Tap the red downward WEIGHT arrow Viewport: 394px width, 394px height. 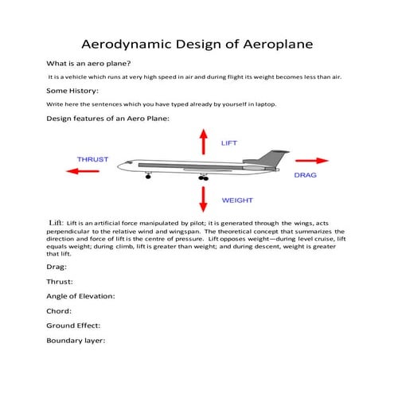203,198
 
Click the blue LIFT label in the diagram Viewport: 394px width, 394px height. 229,143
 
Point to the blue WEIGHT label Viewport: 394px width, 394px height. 237,201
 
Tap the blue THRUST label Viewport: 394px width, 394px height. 92,159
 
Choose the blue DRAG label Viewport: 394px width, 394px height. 306,174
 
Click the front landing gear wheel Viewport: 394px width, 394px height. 148,177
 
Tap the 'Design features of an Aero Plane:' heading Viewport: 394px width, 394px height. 108,119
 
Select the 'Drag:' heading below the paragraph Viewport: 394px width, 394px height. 58,267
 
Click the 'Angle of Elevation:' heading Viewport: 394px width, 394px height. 81,296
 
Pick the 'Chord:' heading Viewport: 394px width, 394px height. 60,311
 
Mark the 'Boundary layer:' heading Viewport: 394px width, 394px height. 76,341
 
